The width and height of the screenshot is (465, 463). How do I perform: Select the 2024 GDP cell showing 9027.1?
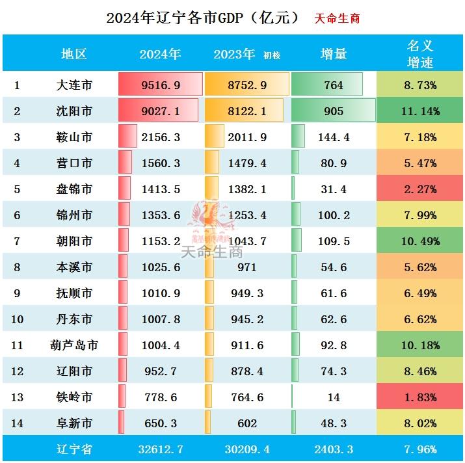point(160,111)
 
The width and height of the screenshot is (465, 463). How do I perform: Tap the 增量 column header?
point(334,54)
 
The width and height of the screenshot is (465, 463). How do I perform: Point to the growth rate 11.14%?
point(419,111)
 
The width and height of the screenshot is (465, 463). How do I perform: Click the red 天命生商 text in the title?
point(337,18)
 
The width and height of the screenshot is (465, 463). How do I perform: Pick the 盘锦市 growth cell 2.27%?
point(419,189)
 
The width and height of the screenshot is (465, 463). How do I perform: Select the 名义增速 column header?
point(419,54)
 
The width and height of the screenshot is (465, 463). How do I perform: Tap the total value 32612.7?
point(160,449)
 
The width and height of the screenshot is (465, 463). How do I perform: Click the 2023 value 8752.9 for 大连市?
point(247,85)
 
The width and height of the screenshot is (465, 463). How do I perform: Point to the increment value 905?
point(334,111)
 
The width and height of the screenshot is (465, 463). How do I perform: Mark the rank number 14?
point(17,423)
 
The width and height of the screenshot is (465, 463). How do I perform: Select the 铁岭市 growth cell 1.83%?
point(419,397)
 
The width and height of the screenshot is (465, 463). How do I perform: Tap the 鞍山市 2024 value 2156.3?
point(160,137)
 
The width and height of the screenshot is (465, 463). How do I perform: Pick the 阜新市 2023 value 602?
point(247,423)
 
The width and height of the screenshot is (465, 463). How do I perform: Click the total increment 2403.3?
point(334,449)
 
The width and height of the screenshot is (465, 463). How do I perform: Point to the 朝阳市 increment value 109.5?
point(334,241)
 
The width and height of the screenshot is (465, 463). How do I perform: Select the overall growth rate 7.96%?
point(419,449)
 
